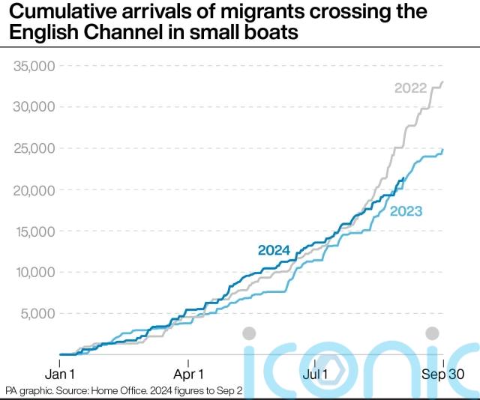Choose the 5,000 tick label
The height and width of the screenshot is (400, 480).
(38, 314)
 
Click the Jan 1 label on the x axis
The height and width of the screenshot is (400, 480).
(60, 373)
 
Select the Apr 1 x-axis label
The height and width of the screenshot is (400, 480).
(188, 373)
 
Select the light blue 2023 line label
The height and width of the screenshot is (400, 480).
(406, 212)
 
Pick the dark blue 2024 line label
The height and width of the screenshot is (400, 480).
(274, 250)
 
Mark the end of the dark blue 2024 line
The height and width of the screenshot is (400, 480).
(405, 178)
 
